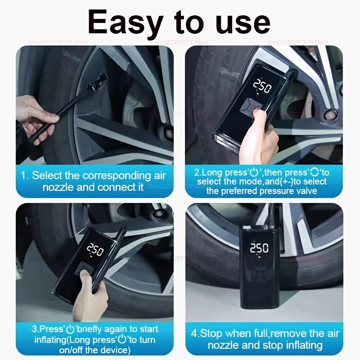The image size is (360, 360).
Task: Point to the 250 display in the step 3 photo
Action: (x=95, y=248)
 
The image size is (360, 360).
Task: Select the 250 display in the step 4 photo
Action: (x=260, y=248)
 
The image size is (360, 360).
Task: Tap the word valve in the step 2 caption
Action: (x=304, y=191)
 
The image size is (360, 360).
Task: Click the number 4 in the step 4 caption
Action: (x=194, y=333)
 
